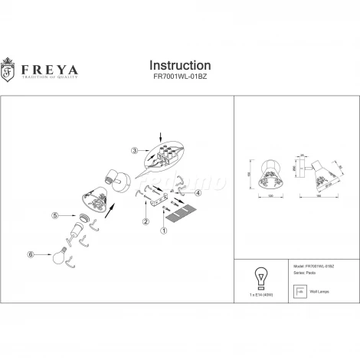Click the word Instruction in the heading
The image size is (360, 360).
(x=179, y=66)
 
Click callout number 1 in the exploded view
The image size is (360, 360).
(x=162, y=229)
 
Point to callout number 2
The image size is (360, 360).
(x=145, y=222)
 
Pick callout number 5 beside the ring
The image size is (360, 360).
(x=54, y=216)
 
